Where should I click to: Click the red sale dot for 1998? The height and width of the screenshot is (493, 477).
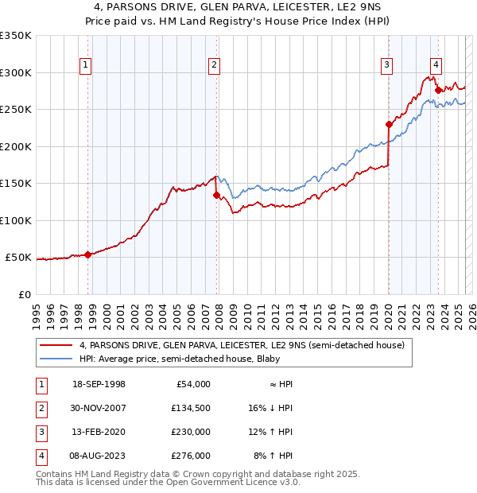(x=88, y=254)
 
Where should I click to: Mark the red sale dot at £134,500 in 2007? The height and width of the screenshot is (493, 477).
(x=216, y=195)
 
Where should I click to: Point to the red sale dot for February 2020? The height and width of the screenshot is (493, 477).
(x=389, y=124)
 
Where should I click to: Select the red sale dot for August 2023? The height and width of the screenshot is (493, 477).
(x=438, y=90)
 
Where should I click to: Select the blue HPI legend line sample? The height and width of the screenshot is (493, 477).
(x=57, y=358)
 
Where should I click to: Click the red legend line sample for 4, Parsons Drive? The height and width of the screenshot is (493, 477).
(x=57, y=345)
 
